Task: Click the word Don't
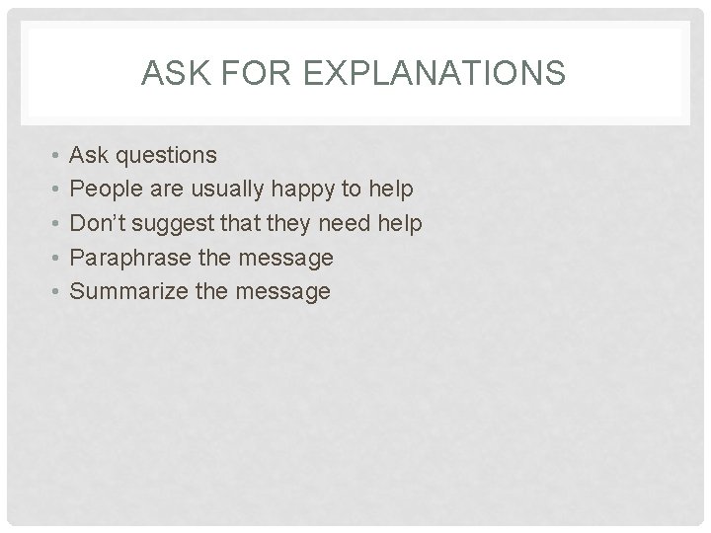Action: point(98,224)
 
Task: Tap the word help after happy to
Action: point(390,190)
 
